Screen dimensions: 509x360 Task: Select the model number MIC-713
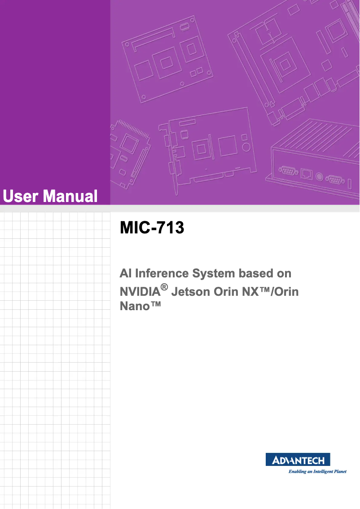(x=152, y=228)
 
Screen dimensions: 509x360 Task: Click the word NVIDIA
(x=140, y=292)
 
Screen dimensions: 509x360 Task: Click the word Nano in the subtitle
(x=136, y=307)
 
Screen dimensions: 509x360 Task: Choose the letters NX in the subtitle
(x=252, y=292)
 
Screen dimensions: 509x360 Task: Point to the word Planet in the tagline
(x=338, y=472)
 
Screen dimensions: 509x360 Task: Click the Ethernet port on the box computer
(x=307, y=173)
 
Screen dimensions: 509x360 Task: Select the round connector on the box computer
(x=320, y=176)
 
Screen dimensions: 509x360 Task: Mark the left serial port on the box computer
(x=288, y=170)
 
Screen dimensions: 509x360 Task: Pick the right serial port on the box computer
(x=334, y=179)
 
